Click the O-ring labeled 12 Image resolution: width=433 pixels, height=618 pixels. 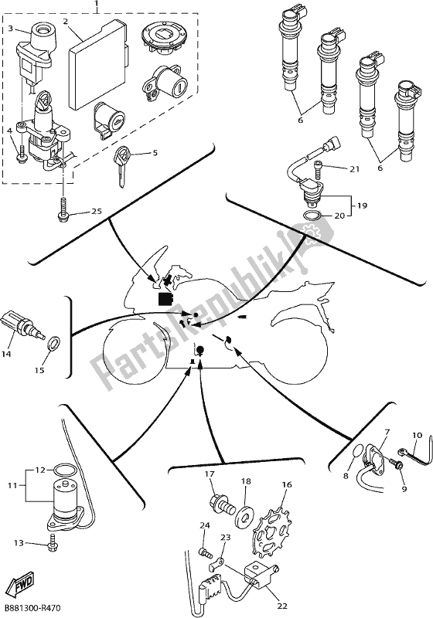(64, 469)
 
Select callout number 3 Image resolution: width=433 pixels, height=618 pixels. (11, 29)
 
